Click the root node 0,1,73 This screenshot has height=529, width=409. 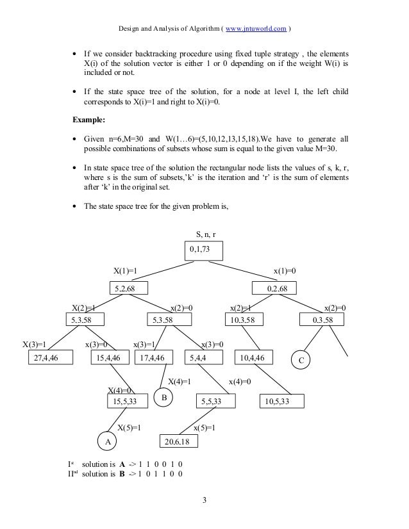coord(204,250)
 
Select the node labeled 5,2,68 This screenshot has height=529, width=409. coord(128,289)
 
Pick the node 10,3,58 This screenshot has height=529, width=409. coord(244,320)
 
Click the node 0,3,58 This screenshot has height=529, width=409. coord(323,320)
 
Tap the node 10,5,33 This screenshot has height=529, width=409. coord(281,401)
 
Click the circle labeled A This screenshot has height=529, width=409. coord(108,442)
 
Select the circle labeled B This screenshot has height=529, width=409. coord(165,398)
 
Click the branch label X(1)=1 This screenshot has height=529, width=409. coord(125,272)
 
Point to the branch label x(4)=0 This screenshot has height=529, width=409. coord(239,382)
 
